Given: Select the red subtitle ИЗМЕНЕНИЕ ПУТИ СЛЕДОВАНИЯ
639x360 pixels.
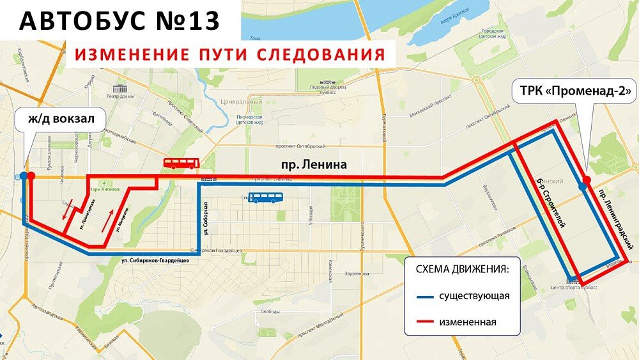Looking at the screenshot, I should [x=229, y=54].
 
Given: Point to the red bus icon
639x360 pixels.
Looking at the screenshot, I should [x=181, y=164].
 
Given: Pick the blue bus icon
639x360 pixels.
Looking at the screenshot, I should [x=266, y=198].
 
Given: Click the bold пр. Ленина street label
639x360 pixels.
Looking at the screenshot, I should [x=314, y=165].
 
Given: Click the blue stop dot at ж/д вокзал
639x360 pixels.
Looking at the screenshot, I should [x=24, y=175].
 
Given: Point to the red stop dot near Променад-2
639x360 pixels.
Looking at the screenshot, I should [x=587, y=179].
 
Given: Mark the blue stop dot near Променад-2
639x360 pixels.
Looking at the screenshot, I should [x=581, y=187].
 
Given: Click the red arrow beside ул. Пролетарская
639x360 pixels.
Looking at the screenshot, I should [x=67, y=208].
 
